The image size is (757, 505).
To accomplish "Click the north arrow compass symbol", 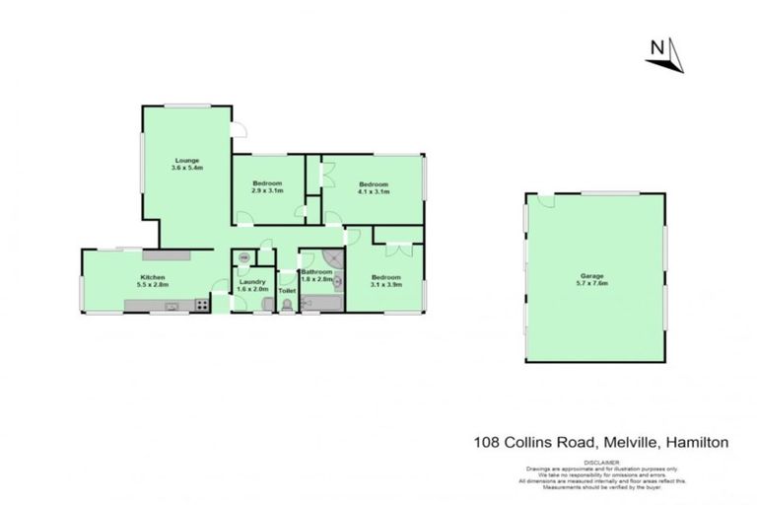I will pos(664,55).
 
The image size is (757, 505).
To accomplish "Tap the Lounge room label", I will pos(186,160).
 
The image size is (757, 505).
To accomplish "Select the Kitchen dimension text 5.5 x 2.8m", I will pos(153,285).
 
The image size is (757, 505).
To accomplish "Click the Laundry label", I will pos(253,283).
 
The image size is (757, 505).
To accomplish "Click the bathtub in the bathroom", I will pos(319,308).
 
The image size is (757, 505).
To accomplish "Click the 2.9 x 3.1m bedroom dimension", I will pos(267,191).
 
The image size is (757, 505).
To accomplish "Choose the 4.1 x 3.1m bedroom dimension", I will pos(374,191).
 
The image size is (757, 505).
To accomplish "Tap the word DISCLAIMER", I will pos(600,462).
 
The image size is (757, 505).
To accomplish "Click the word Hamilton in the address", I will pos(697,443).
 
